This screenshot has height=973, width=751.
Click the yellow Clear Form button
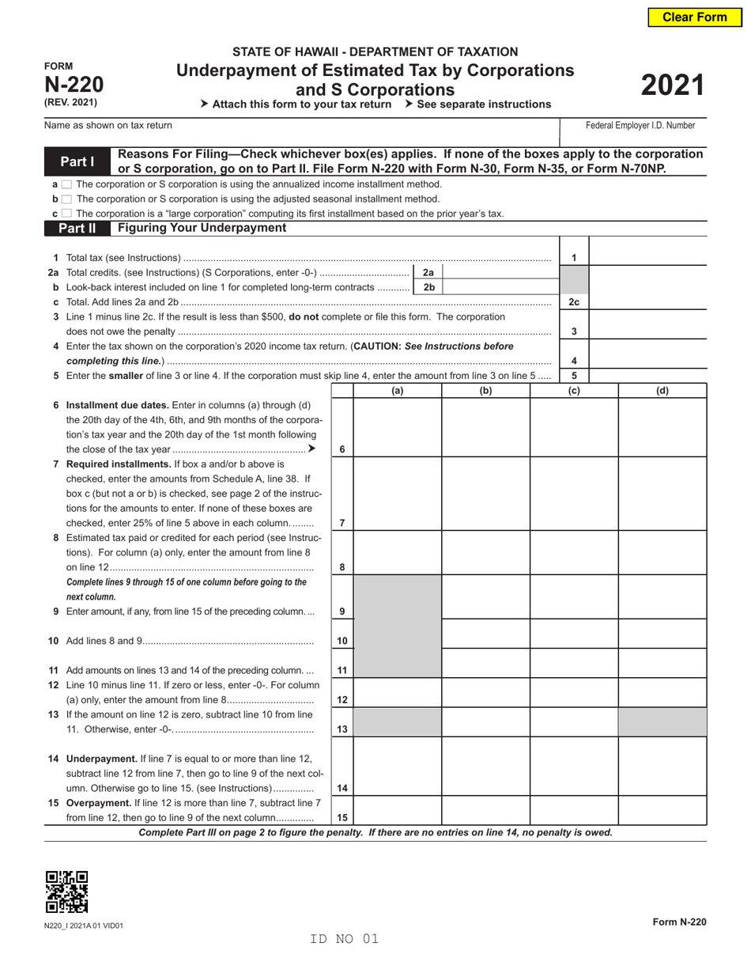tap(694, 17)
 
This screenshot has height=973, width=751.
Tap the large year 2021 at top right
tap(671, 85)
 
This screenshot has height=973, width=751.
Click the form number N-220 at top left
tap(74, 85)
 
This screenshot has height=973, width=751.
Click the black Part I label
tap(77, 162)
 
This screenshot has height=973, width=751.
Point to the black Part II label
tap(77, 229)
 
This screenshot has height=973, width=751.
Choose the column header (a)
tap(397, 391)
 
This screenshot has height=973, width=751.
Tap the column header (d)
tap(662, 391)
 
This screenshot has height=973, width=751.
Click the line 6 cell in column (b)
tap(485, 428)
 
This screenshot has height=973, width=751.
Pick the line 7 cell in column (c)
tap(573, 494)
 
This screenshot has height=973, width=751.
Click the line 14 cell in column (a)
tap(397, 766)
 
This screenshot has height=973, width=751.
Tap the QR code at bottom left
tap(66, 892)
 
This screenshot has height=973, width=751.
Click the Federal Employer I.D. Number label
tap(640, 125)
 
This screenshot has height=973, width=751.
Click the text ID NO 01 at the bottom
tap(345, 939)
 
